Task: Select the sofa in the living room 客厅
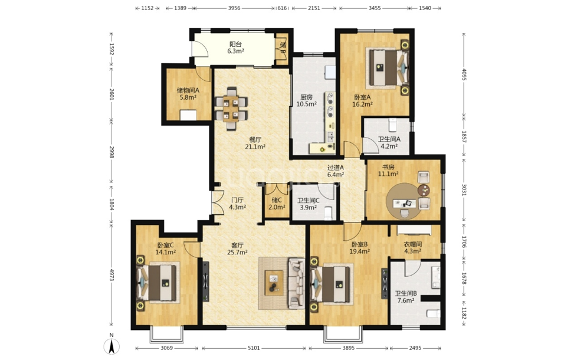coord(296,283)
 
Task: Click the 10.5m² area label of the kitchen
coord(306,104)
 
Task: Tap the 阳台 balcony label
coord(235,44)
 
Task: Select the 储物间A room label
coord(188,90)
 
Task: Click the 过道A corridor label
coord(335,168)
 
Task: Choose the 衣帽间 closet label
coord(412,244)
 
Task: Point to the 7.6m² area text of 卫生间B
coord(405,300)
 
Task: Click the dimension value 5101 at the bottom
coord(254,348)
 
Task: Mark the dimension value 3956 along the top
coord(234,8)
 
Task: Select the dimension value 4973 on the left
coord(112,275)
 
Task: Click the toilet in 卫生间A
coord(392,125)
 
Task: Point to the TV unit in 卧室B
coord(385,283)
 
